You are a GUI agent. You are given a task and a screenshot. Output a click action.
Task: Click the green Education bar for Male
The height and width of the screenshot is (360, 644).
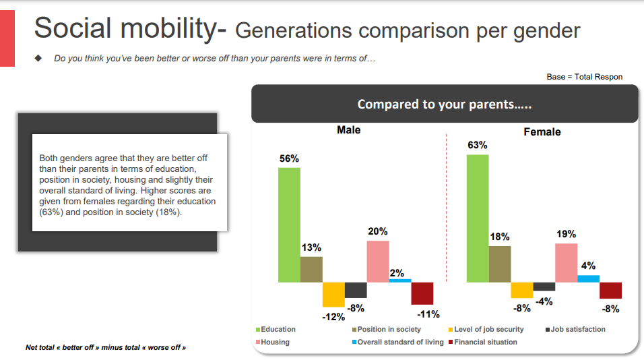[x=289, y=224]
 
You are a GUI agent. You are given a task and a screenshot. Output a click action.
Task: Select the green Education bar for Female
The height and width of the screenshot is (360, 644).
[x=478, y=218]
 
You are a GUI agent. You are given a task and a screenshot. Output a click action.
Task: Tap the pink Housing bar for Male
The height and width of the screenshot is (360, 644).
[x=378, y=262]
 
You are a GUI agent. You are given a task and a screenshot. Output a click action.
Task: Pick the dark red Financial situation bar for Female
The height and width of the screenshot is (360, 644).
[x=611, y=290]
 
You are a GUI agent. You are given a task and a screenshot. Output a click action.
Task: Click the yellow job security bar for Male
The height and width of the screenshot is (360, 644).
[x=333, y=295]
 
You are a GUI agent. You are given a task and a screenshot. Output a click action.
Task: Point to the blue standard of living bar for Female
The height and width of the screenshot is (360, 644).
[x=589, y=278]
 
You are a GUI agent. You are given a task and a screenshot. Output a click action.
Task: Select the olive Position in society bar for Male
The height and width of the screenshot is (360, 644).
[x=311, y=270]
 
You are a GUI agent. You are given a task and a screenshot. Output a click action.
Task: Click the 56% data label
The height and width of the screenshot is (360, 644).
[x=289, y=158]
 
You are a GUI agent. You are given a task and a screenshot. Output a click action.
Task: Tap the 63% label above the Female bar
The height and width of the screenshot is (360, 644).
[x=477, y=145]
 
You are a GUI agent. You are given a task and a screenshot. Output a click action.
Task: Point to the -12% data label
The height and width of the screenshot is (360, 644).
[x=333, y=317]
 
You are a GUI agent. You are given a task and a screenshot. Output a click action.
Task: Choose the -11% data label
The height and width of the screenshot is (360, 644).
[x=428, y=314]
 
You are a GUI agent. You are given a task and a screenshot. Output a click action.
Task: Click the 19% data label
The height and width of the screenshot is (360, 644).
[x=567, y=234]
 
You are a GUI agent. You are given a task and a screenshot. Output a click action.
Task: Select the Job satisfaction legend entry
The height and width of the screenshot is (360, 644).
[x=575, y=329]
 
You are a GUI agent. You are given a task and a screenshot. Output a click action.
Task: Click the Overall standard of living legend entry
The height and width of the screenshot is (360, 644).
[x=398, y=342]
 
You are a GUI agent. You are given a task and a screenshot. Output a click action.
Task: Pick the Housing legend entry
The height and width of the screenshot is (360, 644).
[x=273, y=342]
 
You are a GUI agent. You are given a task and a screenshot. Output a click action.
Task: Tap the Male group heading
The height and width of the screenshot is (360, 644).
[x=349, y=130]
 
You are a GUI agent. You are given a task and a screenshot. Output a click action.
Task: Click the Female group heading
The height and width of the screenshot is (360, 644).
[x=542, y=132]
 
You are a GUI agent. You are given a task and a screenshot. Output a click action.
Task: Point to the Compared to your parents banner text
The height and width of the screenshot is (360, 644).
[x=445, y=104]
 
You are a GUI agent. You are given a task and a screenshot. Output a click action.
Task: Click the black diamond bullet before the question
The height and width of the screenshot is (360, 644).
[x=38, y=58]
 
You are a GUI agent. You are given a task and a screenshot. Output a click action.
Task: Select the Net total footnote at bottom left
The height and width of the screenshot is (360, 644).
[x=106, y=348]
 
